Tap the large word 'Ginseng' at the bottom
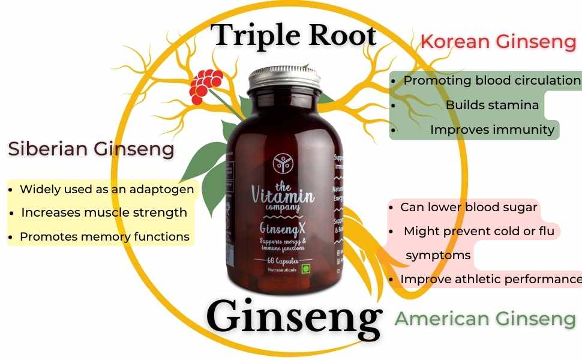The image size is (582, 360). point(294,316)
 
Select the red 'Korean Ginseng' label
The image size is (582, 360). point(498,41)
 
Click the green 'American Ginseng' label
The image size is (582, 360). point(485,319)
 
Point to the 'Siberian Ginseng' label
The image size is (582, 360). point(91,148)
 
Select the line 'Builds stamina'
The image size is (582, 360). point(492,105)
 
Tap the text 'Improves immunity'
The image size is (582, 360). point(492,129)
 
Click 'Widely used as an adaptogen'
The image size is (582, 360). point(107,189)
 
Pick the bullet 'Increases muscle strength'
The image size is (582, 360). point(104,212)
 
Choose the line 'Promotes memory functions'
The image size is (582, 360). point(105,236)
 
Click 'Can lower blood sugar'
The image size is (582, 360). point(469,207)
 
